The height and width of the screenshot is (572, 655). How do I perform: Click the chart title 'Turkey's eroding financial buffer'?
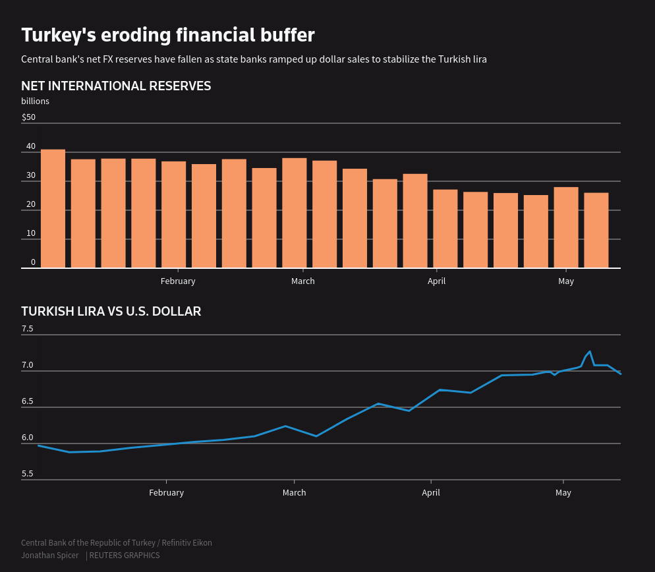[x=167, y=35]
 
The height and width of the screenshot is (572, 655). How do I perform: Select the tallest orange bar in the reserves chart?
[x=53, y=208]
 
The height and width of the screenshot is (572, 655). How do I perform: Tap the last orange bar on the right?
[x=596, y=230]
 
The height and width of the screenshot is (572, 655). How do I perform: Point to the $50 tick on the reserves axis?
[x=28, y=117]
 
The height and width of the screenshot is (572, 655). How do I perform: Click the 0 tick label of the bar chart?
[x=33, y=262]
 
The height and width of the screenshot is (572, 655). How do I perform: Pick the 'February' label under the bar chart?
[x=178, y=281]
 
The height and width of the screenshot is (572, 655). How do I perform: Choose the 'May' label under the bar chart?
[x=566, y=281]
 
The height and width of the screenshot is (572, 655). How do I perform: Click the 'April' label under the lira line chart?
[x=431, y=493]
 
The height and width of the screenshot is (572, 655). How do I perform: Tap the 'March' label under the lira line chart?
[x=294, y=493]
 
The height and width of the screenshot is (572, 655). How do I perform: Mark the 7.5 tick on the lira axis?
[x=27, y=329]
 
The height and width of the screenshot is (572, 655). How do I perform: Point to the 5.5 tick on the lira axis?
[x=27, y=474]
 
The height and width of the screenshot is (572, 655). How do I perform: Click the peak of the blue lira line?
[x=590, y=352]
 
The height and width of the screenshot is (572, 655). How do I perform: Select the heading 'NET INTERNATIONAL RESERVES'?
[x=116, y=86]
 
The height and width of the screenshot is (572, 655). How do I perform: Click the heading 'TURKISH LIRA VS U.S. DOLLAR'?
[x=111, y=312]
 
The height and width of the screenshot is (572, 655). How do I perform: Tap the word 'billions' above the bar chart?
[x=35, y=101]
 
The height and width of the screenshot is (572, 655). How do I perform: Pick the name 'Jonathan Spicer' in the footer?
[x=49, y=556]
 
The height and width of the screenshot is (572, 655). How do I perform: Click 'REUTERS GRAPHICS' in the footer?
[x=125, y=556]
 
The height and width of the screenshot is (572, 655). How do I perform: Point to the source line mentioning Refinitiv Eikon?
[x=117, y=543]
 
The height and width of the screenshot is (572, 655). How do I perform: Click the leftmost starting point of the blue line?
[x=39, y=445]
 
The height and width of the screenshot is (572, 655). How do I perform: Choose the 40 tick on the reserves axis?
[x=31, y=146]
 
